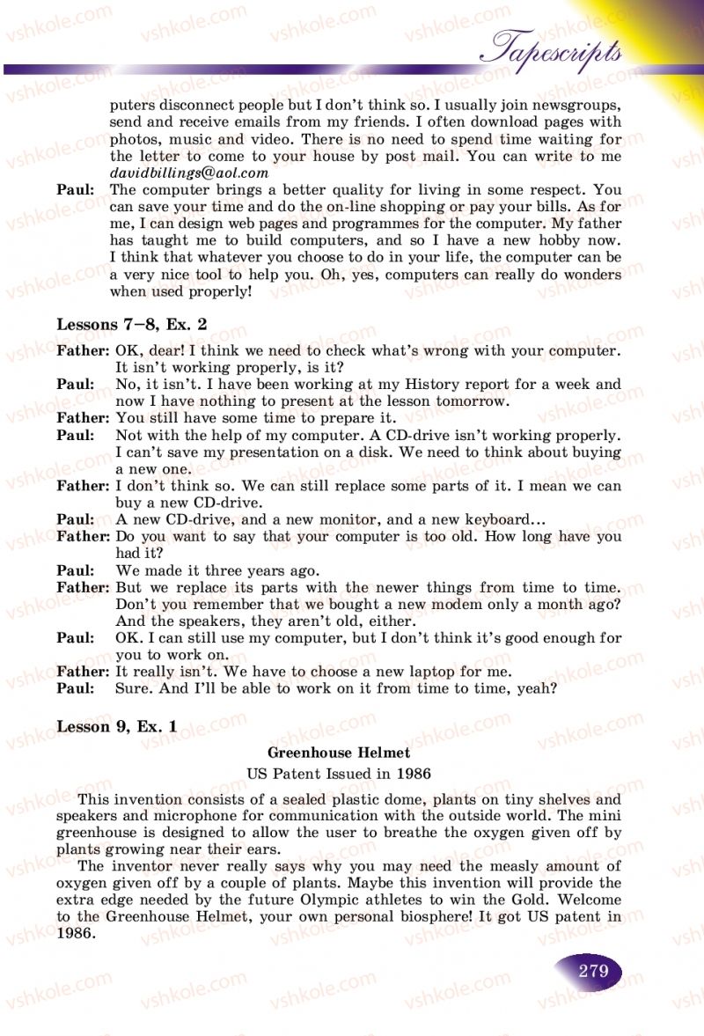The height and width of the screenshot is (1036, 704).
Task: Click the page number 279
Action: tap(593, 971)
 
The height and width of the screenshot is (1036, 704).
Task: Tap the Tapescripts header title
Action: tap(556, 49)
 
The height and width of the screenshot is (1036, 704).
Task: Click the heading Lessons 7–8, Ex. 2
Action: tap(132, 324)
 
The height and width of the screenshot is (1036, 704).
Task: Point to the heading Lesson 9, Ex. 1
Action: tap(117, 726)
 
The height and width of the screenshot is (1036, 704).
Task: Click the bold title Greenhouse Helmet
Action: tap(339, 753)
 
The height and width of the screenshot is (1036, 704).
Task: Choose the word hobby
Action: tap(546, 240)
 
